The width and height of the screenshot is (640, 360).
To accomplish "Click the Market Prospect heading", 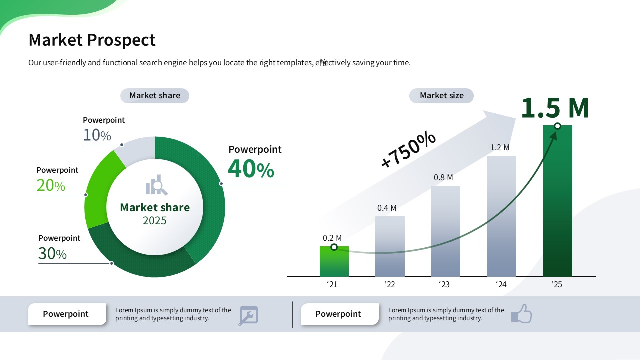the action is point(92,40).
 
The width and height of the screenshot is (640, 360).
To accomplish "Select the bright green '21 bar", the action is point(334,261).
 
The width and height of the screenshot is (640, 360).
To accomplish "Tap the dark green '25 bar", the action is point(557,201).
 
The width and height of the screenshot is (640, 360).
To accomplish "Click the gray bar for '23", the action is point(445,231).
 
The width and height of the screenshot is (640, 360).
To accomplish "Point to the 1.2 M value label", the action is point(500,147).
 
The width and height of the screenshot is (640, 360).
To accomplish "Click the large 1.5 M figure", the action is point(555,108).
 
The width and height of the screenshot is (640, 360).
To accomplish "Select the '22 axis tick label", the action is point(389,284).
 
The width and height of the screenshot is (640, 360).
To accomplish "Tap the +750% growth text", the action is point(408,149).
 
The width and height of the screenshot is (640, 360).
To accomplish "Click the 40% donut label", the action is point(251,169).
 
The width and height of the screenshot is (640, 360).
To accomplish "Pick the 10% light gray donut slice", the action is point(136,150).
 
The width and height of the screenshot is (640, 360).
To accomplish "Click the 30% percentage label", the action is point(52,253).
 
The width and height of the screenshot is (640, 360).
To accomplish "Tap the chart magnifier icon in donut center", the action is point(156,185).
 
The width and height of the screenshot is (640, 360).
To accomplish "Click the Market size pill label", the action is point(441,95).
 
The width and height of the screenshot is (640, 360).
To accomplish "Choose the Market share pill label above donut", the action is point(155,95).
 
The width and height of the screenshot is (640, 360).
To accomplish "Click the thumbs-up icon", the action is point(521,314).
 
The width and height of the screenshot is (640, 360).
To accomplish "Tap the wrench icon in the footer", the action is point(248,315).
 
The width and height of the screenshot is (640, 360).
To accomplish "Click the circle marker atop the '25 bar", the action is point(557,126).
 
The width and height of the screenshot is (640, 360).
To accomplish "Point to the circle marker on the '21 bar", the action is point(334,247).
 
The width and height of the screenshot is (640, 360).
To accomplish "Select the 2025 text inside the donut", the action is point(155,221).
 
